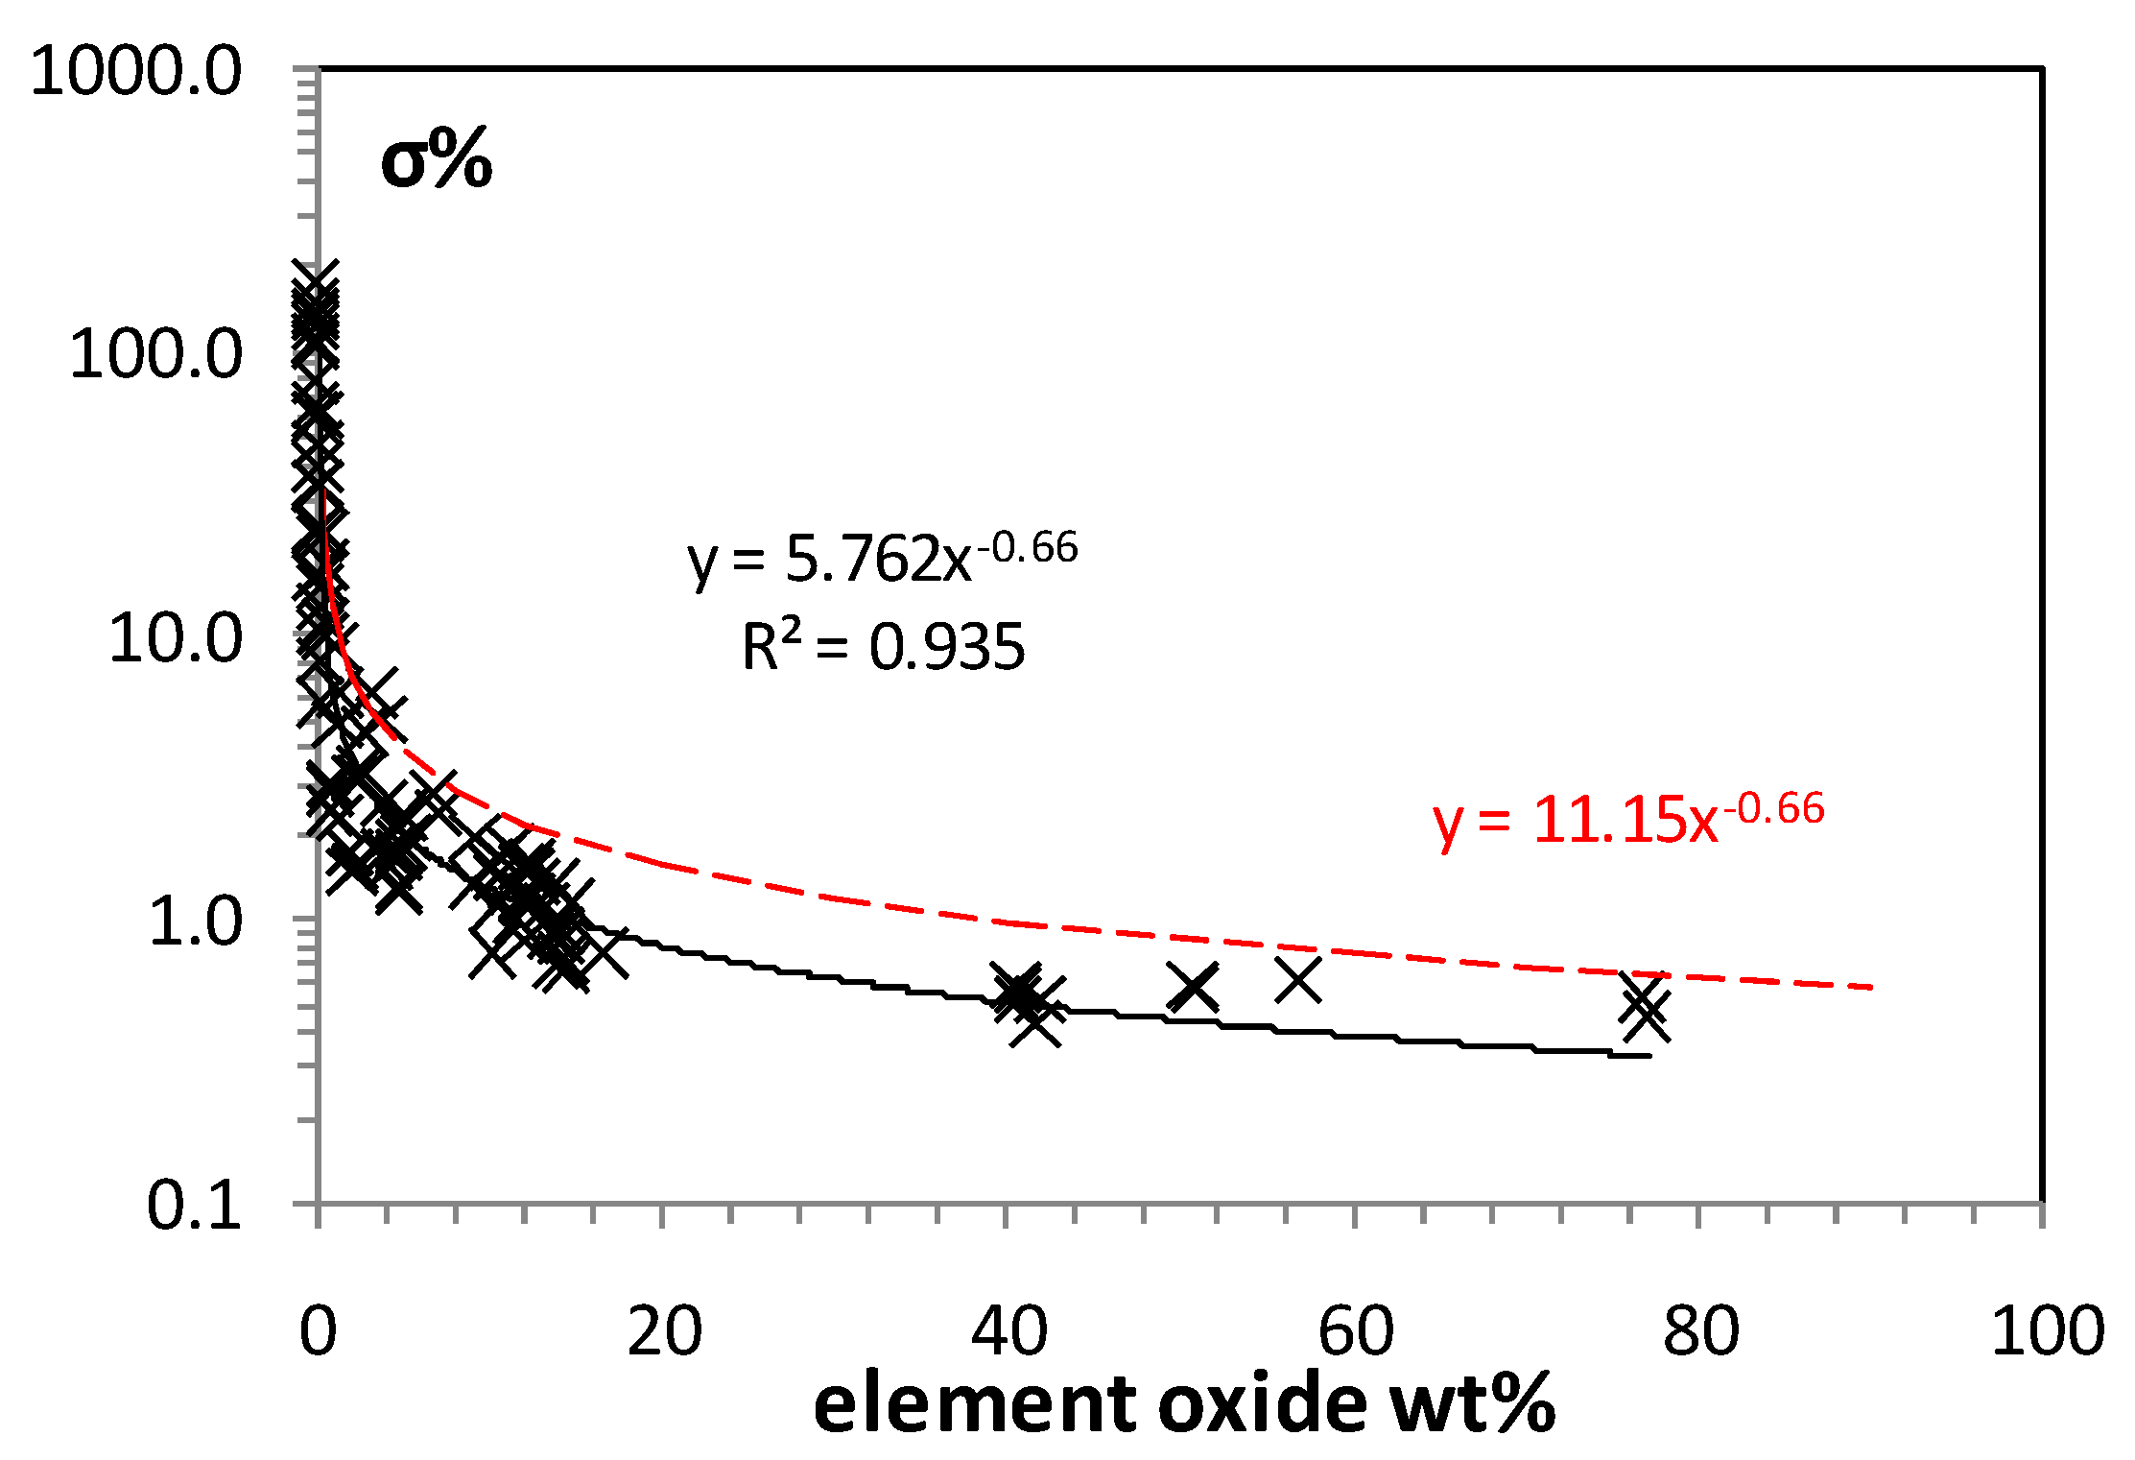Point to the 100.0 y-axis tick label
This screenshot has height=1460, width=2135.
[155, 354]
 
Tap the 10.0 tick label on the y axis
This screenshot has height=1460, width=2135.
[175, 638]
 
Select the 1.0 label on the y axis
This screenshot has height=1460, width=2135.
[195, 921]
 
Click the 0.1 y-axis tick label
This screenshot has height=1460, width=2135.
[195, 1205]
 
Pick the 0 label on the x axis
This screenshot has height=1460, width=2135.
[318, 1331]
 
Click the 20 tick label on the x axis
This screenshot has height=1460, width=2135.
[664, 1331]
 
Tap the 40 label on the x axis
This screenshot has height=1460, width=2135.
[1008, 1331]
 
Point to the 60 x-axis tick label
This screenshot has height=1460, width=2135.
[1355, 1331]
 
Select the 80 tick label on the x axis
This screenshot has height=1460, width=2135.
[1700, 1331]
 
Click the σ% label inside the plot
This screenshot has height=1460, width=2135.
[437, 160]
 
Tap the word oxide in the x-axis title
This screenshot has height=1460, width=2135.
[1263, 1403]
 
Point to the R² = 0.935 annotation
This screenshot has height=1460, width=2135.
[883, 646]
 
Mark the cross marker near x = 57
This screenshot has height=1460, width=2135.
[1298, 980]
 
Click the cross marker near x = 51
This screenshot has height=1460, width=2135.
[1194, 988]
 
